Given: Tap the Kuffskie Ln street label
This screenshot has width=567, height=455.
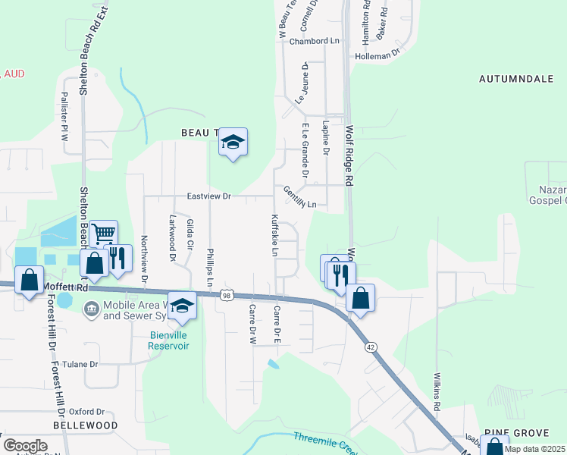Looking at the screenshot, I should click(275, 234).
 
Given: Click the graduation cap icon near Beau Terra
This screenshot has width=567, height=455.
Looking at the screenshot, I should click(233, 142).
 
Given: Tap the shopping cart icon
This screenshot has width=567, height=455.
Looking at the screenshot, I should click(103, 233).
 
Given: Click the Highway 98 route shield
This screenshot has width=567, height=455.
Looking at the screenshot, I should click(227, 294).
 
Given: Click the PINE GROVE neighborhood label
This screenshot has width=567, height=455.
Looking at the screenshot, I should click(520, 432).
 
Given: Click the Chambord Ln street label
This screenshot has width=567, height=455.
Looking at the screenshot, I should click(315, 41).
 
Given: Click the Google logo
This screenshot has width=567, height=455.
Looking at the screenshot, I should click(25, 446).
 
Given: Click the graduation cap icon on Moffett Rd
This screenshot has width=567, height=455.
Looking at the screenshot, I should click(182, 306).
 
